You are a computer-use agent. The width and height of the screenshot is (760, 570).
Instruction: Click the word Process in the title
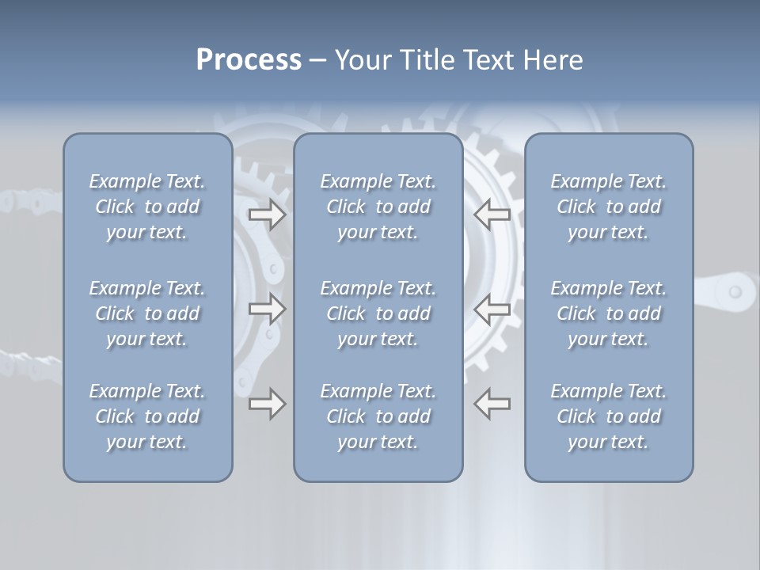(249, 60)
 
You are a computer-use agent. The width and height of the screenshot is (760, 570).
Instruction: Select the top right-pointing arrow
(267, 215)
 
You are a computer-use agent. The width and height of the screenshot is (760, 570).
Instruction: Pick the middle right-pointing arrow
(267, 310)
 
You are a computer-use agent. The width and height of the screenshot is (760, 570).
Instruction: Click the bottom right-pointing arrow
(267, 405)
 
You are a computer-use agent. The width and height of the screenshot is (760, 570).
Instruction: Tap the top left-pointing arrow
(492, 215)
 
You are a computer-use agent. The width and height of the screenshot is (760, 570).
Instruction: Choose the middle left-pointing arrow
(492, 310)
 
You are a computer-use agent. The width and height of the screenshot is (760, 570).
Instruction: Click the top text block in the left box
(147, 207)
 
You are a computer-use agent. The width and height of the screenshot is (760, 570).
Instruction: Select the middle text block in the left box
(147, 313)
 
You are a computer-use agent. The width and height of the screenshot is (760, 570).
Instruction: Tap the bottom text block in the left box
(147, 416)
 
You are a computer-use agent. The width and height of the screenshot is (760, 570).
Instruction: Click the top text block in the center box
(378, 207)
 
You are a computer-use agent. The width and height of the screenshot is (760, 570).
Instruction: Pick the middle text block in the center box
(378, 313)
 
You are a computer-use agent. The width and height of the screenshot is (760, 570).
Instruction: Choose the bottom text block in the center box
(378, 416)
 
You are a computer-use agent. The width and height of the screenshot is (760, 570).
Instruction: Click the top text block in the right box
(609, 207)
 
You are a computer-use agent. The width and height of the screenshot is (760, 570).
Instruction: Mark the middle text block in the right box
(609, 313)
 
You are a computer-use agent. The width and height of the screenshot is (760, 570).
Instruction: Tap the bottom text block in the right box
(609, 416)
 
